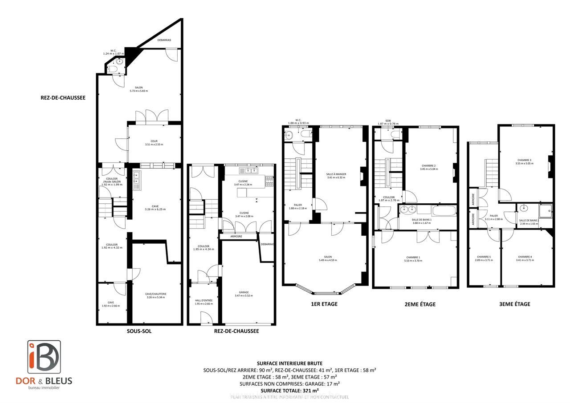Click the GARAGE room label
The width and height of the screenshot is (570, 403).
click(243, 294)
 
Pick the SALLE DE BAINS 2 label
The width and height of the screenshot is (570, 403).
click(529, 222)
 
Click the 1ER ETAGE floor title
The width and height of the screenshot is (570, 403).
click(324, 304)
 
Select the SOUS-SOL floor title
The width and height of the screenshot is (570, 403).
click(139, 331)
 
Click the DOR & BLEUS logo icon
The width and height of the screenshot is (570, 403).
click(44, 357)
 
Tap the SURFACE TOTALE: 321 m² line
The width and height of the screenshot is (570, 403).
click(289, 390)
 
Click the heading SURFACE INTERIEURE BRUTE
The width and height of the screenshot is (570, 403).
click(289, 363)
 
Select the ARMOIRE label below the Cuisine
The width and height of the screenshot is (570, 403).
click(236, 236)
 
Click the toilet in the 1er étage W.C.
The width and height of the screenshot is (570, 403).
click(305, 133)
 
